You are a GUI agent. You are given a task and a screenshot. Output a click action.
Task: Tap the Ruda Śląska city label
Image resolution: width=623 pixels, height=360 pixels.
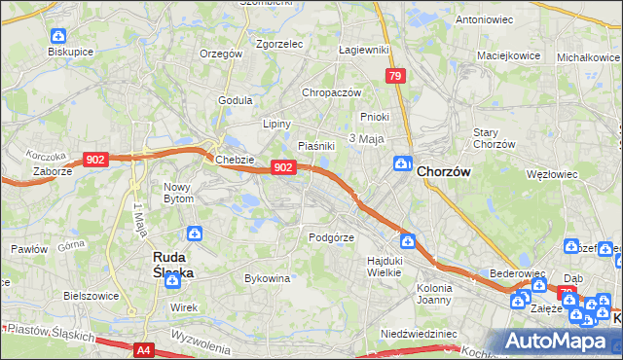pos(174,266)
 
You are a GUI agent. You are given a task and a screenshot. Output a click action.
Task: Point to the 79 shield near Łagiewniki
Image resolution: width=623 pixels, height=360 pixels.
pos(394,75)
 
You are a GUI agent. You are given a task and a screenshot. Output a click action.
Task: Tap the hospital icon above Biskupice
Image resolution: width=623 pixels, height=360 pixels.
pos(57,36)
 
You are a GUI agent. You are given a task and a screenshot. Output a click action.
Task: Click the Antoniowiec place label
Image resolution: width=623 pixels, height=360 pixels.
pos(484,19)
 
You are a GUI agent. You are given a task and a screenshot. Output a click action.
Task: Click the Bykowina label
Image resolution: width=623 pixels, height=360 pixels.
pos(268,278)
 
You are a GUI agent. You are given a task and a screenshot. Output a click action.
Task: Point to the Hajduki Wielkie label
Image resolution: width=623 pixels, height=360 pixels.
pos(385,267)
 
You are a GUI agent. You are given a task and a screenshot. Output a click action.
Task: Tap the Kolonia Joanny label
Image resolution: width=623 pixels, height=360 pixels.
pos(434,294)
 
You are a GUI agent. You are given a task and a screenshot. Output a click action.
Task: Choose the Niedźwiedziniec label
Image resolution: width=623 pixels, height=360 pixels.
pos(419,333)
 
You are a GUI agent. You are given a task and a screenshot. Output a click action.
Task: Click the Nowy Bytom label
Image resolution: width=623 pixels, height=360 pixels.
pos(178,192)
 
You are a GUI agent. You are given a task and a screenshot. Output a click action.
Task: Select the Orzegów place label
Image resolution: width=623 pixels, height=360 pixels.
pos(220,54)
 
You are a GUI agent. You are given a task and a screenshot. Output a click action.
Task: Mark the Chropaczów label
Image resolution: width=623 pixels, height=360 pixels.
pos(332,92)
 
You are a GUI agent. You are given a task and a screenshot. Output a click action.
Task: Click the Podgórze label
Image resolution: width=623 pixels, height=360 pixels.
pos(329,236)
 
